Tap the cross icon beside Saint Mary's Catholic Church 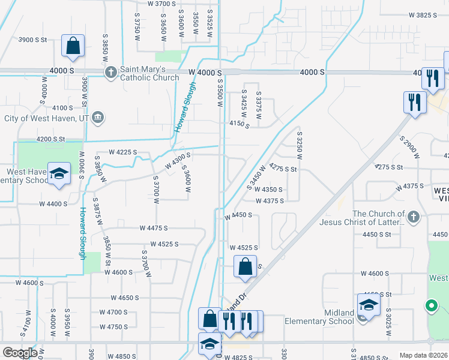pos(110,73)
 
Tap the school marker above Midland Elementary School pos(369,305)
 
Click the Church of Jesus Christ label pos(379,218)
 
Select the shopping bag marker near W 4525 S pos(246,267)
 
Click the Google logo pos(19,353)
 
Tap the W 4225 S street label pos(123,152)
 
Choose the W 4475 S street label pos(154,228)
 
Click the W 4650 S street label pos(134,298)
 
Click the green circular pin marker pos(431,307)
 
